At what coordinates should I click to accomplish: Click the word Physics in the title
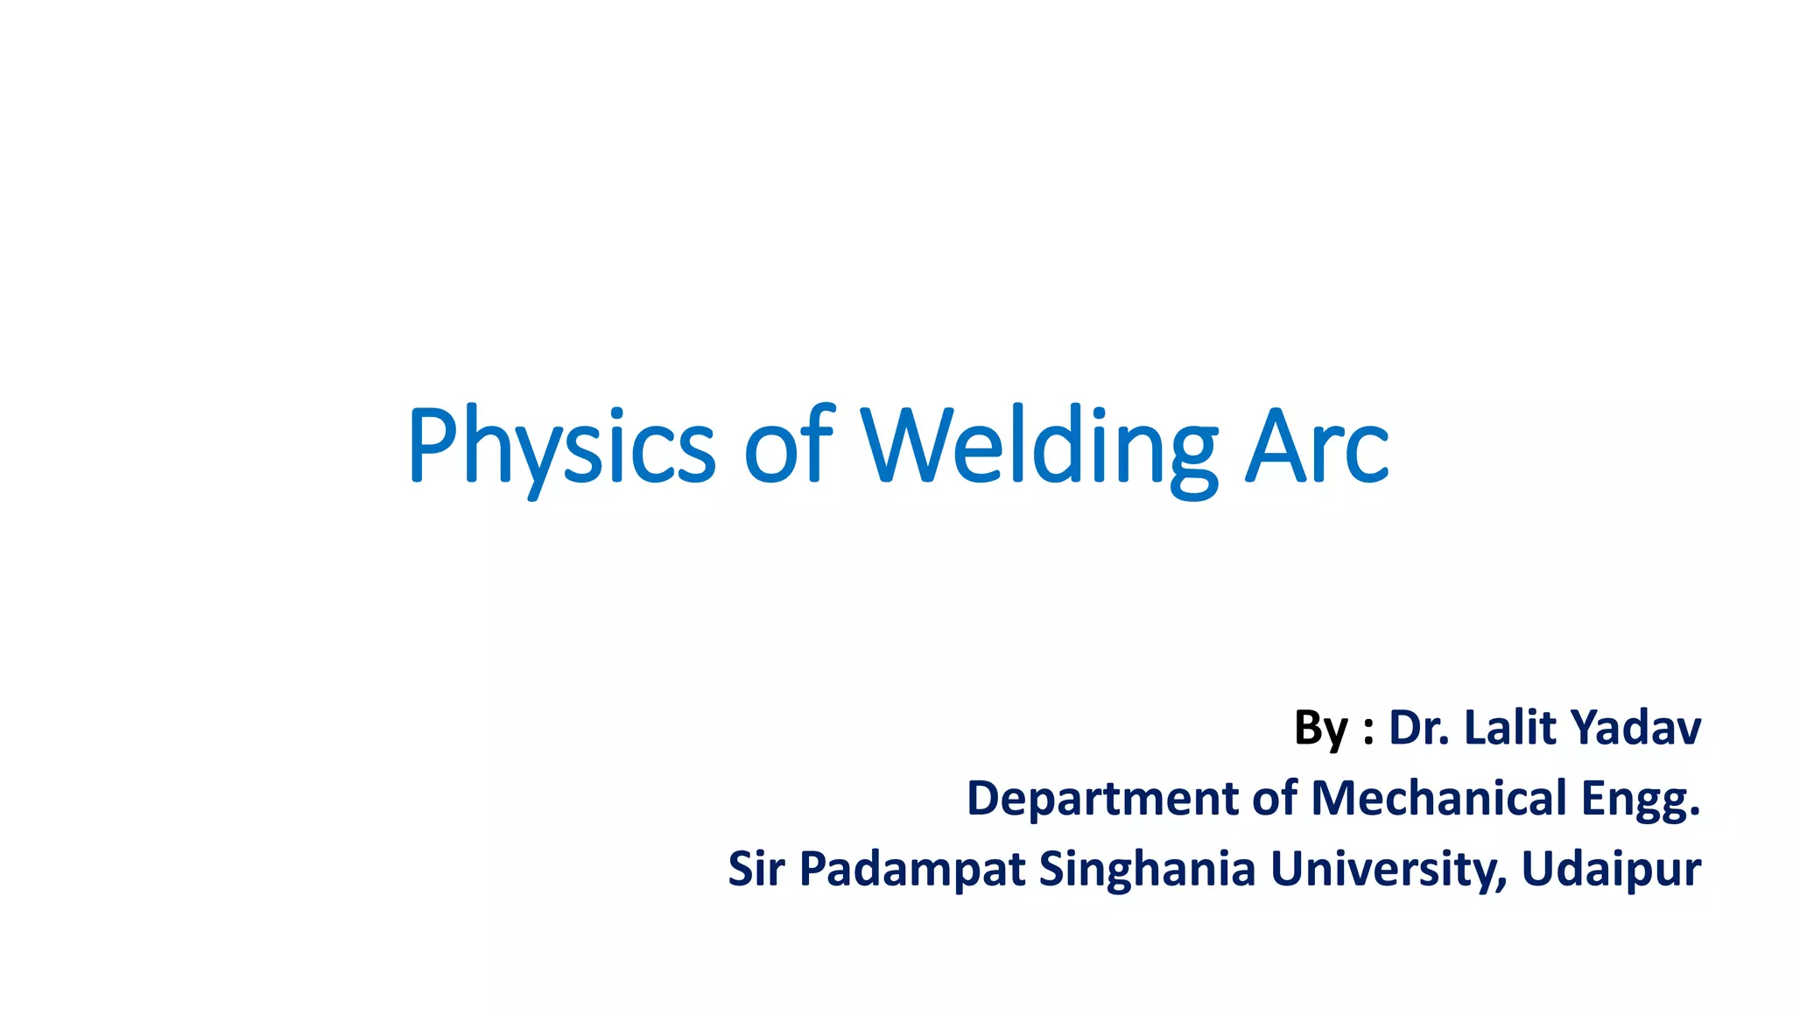tap(561, 447)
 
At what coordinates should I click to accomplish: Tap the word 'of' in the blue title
tap(789, 447)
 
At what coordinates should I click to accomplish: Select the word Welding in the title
tap(1038, 447)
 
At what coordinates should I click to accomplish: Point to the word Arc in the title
tap(1317, 447)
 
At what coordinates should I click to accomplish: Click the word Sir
tap(756, 869)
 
